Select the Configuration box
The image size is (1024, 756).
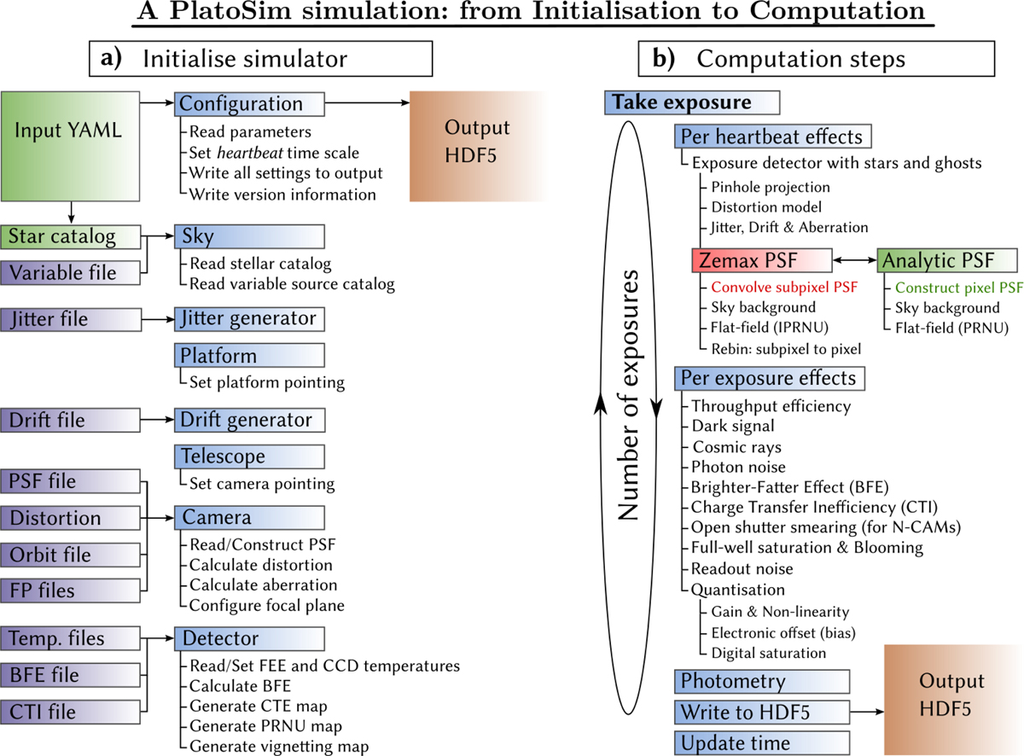tap(249, 104)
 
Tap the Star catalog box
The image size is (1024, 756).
tap(69, 236)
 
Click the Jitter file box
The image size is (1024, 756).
tap(69, 319)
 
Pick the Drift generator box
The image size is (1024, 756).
tap(249, 420)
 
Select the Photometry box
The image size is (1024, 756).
tap(762, 681)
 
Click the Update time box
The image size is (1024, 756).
tap(762, 742)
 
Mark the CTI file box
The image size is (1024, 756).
tap(69, 711)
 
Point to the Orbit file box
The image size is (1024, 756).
tap(69, 554)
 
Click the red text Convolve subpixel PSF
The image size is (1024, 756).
tap(784, 287)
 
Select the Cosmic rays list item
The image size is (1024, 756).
tap(736, 447)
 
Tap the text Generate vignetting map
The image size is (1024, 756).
tap(279, 747)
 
